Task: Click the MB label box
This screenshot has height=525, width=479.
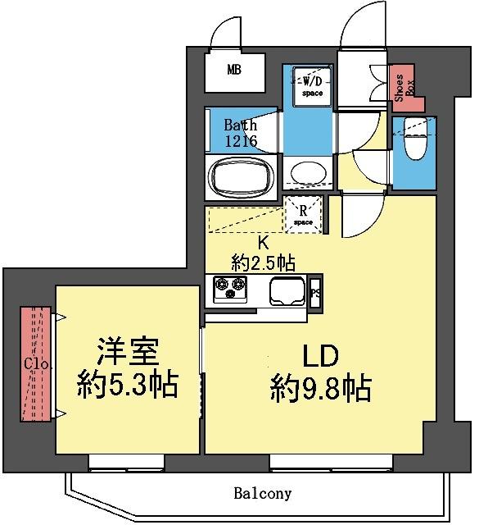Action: [234, 71]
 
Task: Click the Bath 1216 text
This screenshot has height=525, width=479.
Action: [242, 134]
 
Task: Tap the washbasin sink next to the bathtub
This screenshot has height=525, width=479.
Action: [308, 174]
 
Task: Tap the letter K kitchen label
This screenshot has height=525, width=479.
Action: [263, 243]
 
